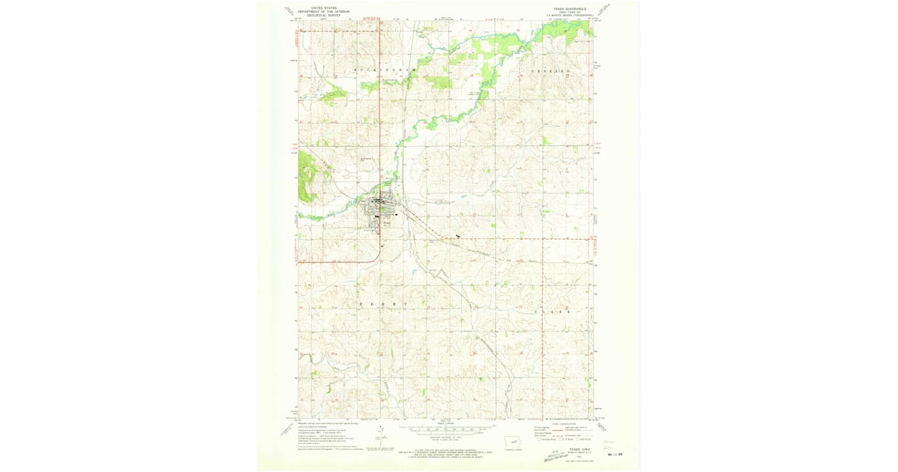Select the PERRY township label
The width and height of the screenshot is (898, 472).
[x=383, y=303]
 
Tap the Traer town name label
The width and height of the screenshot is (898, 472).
[x=387, y=223]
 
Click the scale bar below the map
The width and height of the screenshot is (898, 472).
[x=442, y=429]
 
